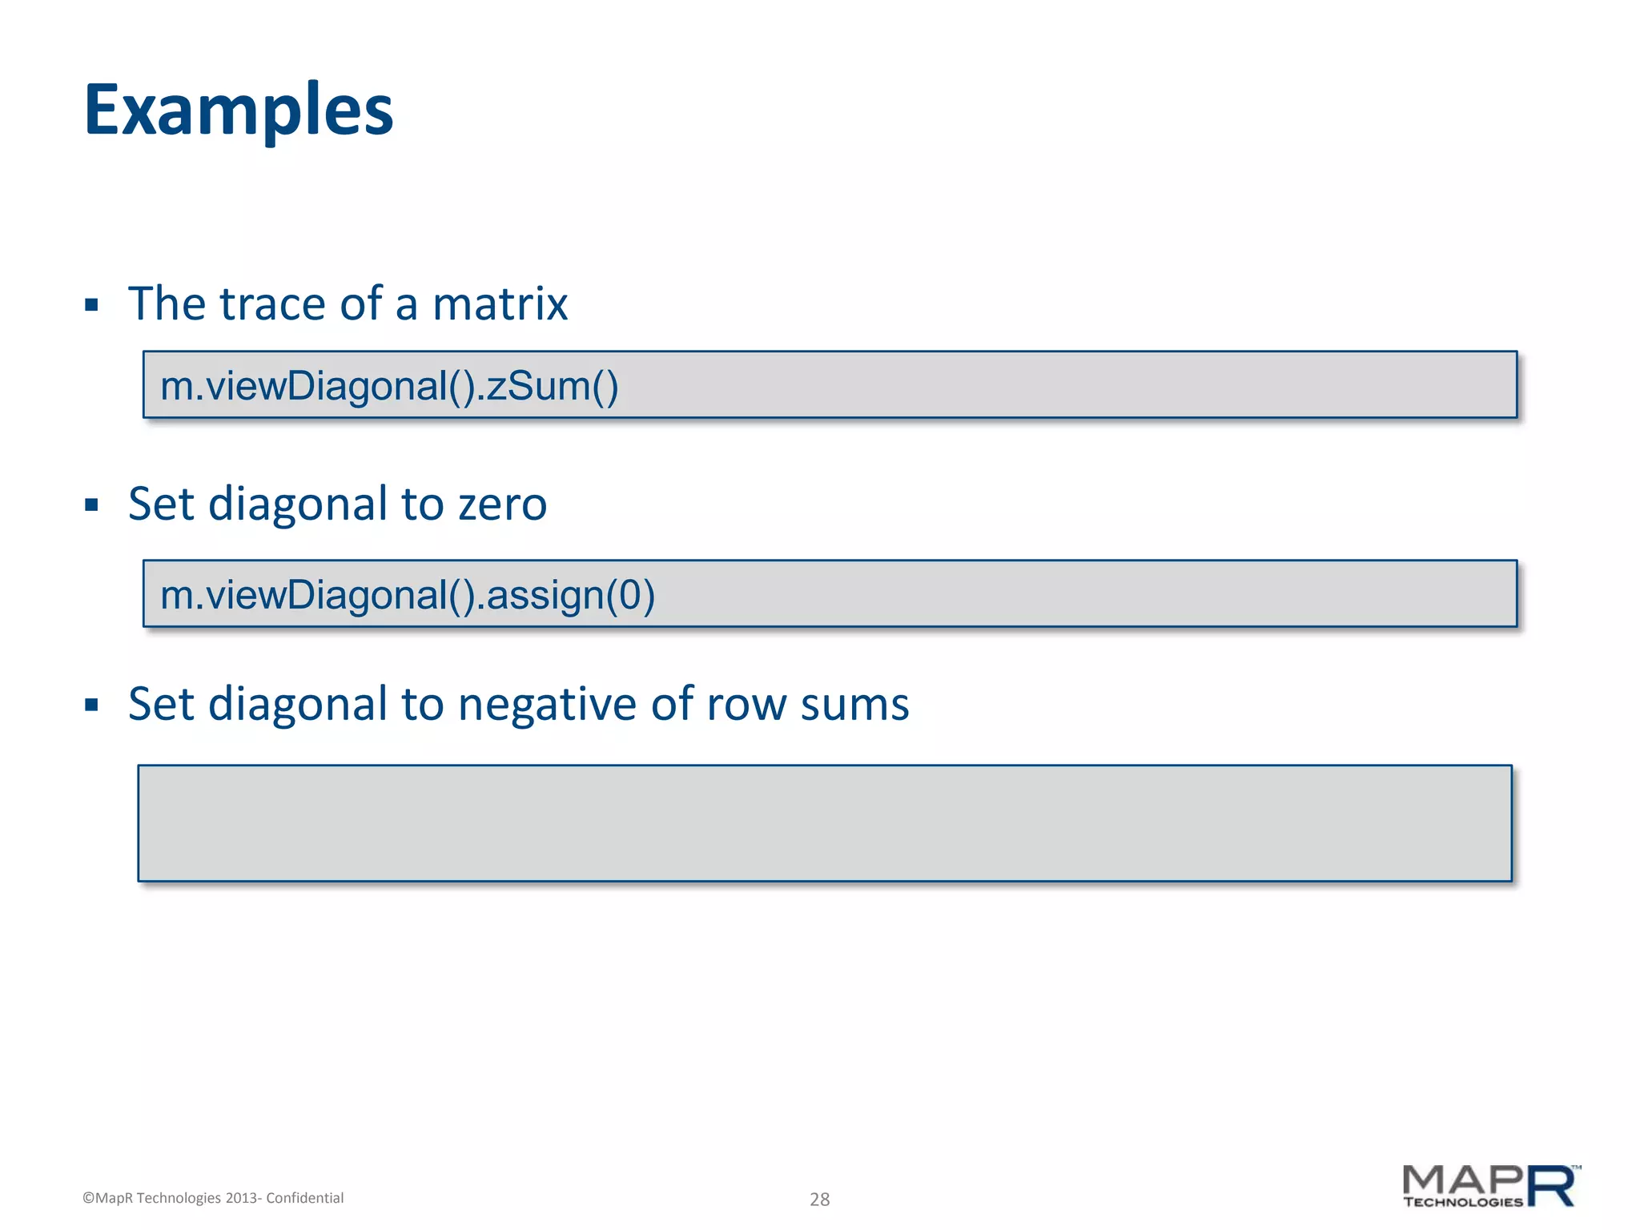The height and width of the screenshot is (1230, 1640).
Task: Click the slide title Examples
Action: pyautogui.click(x=239, y=111)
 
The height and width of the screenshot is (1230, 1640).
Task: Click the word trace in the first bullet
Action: pyautogui.click(x=272, y=304)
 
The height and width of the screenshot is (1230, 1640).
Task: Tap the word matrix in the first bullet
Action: pyautogui.click(x=500, y=304)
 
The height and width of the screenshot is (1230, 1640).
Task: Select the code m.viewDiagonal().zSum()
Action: pyautogui.click(x=389, y=386)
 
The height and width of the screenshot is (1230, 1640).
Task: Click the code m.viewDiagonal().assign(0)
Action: pyautogui.click(x=408, y=595)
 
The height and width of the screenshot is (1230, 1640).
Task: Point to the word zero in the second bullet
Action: pyautogui.click(x=502, y=504)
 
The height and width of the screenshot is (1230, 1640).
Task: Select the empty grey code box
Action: pyautogui.click(x=825, y=823)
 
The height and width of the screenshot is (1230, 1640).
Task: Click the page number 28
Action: pyautogui.click(x=819, y=1199)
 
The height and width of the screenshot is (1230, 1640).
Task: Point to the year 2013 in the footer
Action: pyautogui.click(x=241, y=1198)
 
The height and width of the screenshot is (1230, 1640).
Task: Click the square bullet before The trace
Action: pyautogui.click(x=91, y=305)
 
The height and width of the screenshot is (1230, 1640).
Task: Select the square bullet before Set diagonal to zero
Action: pyautogui.click(x=91, y=505)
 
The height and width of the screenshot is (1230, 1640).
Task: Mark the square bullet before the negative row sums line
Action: pyautogui.click(x=91, y=705)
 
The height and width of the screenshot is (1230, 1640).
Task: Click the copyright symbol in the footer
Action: pyautogui.click(x=88, y=1198)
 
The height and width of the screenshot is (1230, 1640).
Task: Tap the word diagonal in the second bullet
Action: pyautogui.click(x=297, y=504)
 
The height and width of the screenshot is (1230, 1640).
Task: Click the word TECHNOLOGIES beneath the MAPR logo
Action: pyautogui.click(x=1463, y=1202)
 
